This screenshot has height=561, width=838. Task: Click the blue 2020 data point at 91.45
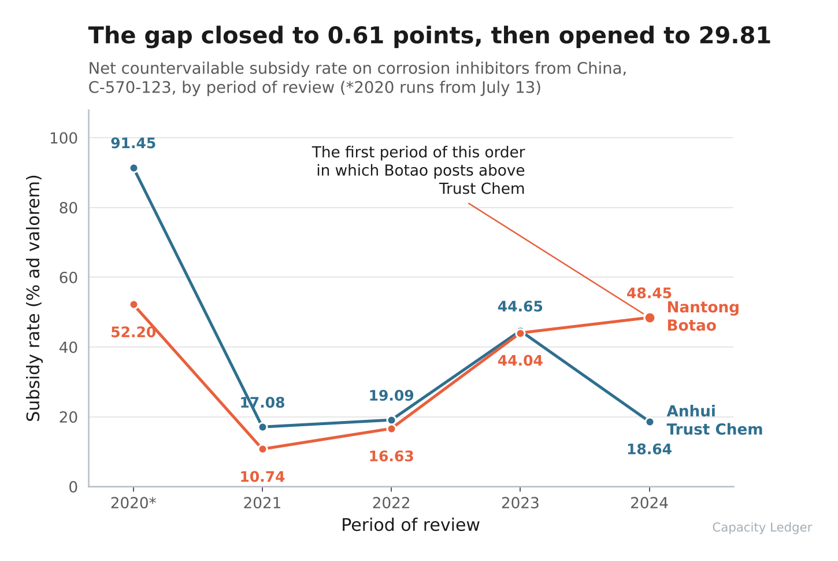click(x=134, y=168)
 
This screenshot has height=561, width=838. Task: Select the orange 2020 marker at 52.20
click(x=134, y=305)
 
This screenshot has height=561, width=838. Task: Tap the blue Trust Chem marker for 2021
click(x=262, y=427)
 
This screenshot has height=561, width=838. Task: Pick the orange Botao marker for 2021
click(x=262, y=449)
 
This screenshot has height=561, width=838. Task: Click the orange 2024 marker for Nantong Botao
click(x=650, y=318)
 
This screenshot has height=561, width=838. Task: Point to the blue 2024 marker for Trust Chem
click(x=650, y=422)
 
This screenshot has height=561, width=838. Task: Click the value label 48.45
click(x=649, y=293)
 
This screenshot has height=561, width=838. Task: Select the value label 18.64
click(x=649, y=449)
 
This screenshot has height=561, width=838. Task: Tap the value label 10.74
click(x=262, y=477)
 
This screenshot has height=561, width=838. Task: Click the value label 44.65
click(x=520, y=307)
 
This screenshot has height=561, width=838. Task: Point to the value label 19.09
click(x=391, y=396)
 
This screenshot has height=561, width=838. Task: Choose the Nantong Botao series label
click(x=703, y=316)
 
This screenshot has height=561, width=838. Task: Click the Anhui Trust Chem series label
click(x=714, y=420)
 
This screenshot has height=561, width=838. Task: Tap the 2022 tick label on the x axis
click(x=391, y=503)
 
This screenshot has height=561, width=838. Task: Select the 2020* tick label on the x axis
click(x=133, y=503)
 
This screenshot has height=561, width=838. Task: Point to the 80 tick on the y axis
click(x=68, y=208)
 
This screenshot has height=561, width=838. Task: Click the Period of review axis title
click(x=410, y=525)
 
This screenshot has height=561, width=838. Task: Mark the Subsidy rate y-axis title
click(x=34, y=298)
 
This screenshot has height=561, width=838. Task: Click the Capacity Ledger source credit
click(x=762, y=527)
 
